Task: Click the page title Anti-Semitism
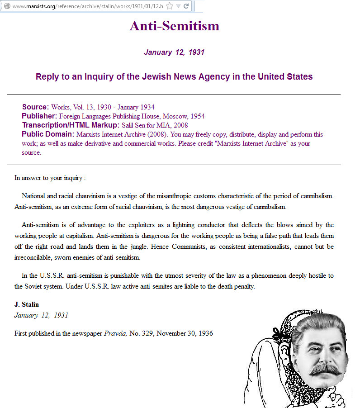click(174, 26)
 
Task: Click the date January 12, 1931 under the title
click(174, 52)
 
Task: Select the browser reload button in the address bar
click(186, 6)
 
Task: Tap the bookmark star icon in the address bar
click(170, 6)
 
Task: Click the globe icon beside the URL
click(7, 6)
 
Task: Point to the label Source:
click(35, 107)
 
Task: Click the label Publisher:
click(39, 116)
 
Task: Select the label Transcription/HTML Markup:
click(71, 125)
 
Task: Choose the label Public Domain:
click(48, 134)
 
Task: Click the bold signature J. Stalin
click(27, 304)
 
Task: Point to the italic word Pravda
click(115, 333)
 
